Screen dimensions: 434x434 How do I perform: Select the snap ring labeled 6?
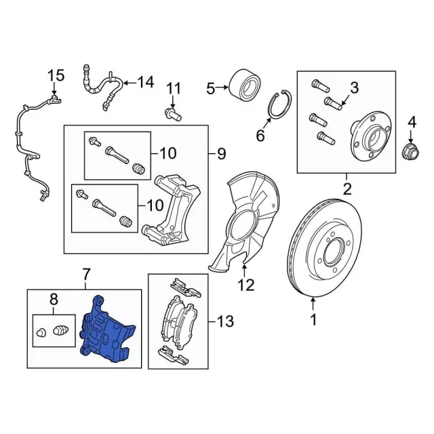277,105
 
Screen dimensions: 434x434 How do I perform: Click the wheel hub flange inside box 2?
368,139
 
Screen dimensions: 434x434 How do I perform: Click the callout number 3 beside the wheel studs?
353,87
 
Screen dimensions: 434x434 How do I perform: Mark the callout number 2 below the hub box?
347,187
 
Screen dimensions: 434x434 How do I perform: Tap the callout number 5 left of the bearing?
210,87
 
